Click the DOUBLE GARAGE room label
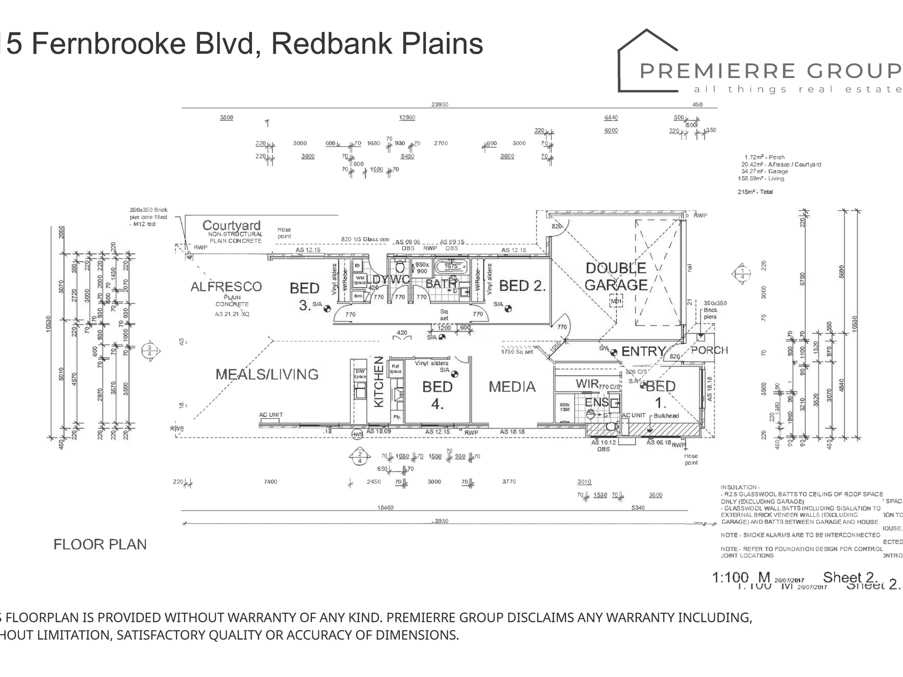coord(616,277)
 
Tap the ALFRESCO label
coord(226,287)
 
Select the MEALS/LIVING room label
coord(267,374)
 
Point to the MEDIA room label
coord(512,387)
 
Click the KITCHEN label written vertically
coord(379,382)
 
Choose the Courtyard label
coord(231,225)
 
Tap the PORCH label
coord(709,350)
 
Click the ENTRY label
coord(644,352)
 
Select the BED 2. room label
coord(522,286)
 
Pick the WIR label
coord(586,383)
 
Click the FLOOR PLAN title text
coord(100,544)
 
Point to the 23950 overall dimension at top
coord(440,105)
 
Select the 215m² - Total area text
coord(755,192)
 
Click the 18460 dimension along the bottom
coord(385,508)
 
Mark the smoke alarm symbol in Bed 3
coord(327,309)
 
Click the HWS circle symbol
coord(357,434)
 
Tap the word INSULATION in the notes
coord(739,487)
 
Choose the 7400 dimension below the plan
coord(270,482)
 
